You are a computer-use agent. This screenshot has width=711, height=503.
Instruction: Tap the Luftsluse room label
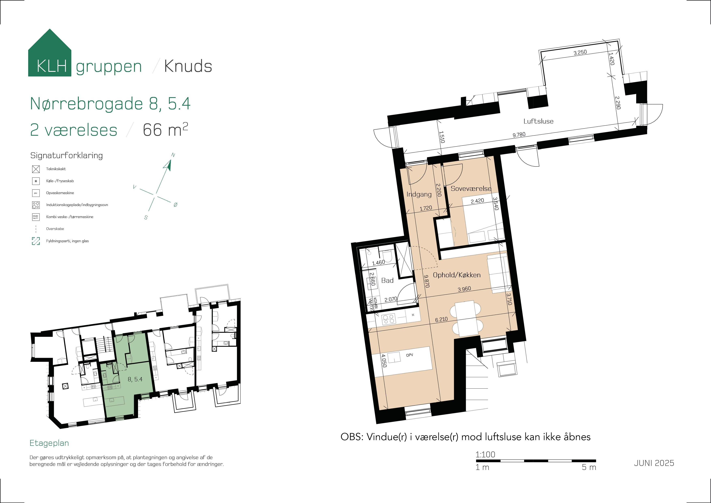tap(538, 121)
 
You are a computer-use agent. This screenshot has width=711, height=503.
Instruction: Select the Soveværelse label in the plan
tap(471, 188)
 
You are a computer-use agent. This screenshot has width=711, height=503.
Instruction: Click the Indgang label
tap(419, 194)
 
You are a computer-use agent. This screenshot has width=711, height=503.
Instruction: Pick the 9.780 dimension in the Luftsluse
tap(519, 134)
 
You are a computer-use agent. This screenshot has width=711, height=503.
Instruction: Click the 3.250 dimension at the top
tap(580, 52)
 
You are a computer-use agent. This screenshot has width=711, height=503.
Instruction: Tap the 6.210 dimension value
tap(441, 319)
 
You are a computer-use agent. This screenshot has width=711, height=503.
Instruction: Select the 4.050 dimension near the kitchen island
tap(384, 361)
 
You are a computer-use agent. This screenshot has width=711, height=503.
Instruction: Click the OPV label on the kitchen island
tap(409, 355)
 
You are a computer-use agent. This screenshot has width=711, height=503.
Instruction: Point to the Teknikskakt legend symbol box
tap(36, 169)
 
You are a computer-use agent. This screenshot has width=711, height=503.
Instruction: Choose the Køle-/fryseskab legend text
tap(60, 181)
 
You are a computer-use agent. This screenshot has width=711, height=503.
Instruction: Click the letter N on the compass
tap(173, 155)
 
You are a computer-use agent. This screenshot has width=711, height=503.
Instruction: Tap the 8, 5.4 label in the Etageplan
tap(135, 379)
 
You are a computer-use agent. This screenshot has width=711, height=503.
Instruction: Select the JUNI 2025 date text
tap(654, 463)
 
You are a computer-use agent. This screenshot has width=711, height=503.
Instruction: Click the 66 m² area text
tap(165, 130)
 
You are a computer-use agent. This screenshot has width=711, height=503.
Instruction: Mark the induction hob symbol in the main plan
tap(388, 319)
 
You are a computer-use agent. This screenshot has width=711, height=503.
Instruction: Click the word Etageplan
tap(49, 443)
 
